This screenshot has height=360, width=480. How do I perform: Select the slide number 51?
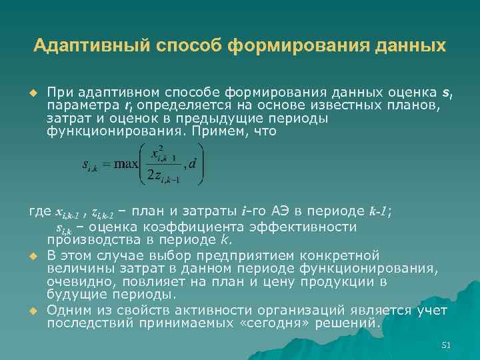pyautogui.click(x=446, y=345)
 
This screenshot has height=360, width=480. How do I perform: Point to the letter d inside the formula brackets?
pyautogui.click(x=193, y=163)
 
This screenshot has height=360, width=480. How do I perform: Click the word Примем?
pyautogui.click(x=218, y=131)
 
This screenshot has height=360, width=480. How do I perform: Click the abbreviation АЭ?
pyautogui.click(x=281, y=212)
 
